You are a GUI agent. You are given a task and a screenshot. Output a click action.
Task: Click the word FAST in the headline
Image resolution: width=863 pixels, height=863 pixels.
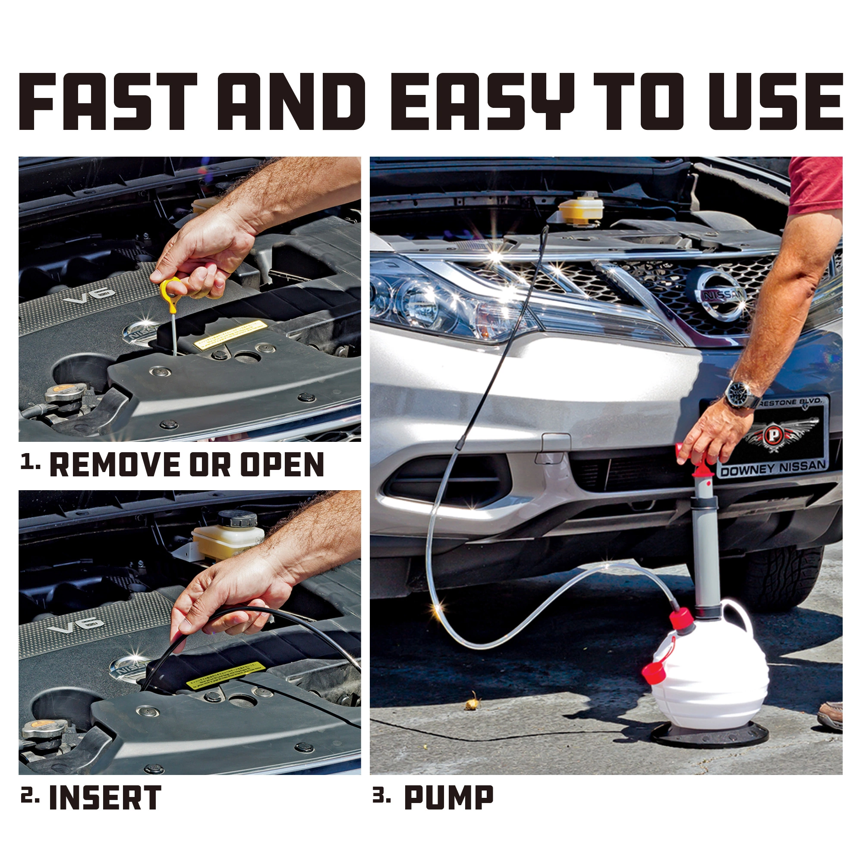coord(107,102)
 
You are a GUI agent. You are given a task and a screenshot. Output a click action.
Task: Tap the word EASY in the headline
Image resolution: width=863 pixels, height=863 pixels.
coord(482,102)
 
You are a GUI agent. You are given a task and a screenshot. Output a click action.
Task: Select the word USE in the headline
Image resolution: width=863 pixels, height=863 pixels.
coord(775,102)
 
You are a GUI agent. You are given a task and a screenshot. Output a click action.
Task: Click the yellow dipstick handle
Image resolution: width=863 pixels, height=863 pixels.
coord(170,293)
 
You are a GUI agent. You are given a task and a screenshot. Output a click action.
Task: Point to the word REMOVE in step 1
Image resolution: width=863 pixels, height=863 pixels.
coord(114,465)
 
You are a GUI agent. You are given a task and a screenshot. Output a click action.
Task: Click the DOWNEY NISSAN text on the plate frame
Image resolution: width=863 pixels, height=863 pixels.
coord(773,468)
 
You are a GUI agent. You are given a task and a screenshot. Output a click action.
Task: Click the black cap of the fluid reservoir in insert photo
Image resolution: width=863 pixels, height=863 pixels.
coord(237,519)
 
